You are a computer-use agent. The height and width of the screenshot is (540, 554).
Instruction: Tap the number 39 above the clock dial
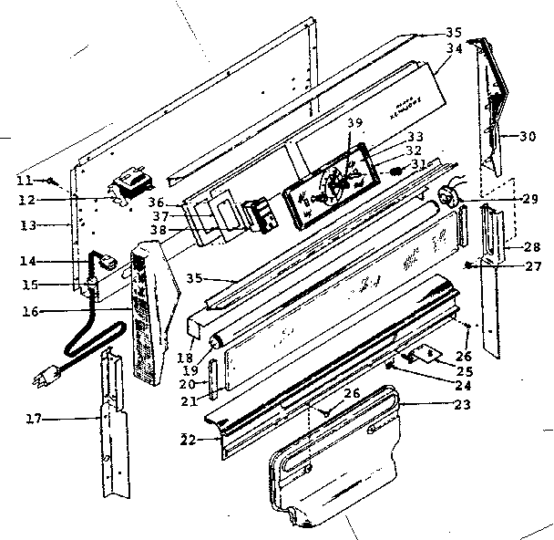(355, 123)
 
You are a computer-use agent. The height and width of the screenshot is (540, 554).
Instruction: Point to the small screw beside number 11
(57, 178)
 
